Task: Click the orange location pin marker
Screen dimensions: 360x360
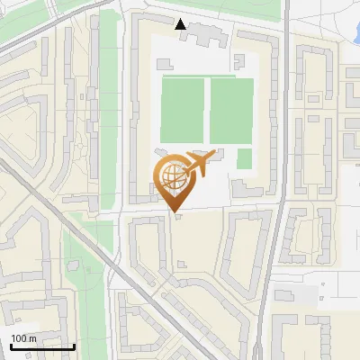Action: pyautogui.click(x=175, y=180)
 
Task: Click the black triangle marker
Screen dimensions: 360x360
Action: pyautogui.click(x=181, y=24)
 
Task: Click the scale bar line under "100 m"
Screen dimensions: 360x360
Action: pyautogui.click(x=42, y=346)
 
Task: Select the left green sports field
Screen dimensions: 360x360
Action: pyautogui.click(x=184, y=110)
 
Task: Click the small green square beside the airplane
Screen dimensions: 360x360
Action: pyautogui.click(x=244, y=158)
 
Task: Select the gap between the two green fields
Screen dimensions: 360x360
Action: pyautogui.click(x=208, y=110)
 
